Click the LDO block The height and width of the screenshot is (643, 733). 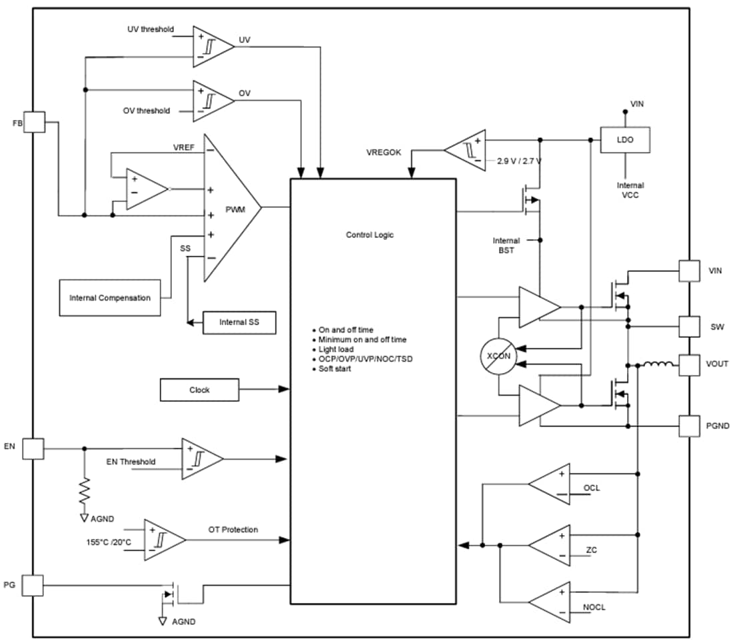(x=625, y=140)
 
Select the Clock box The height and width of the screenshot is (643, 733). (x=199, y=390)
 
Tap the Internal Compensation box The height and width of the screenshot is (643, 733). (x=110, y=298)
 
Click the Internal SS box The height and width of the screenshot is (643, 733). (x=239, y=322)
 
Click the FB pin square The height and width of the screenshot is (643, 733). (x=34, y=122)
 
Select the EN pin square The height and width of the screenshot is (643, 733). (x=33, y=448)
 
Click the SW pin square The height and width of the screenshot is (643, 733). (x=689, y=326)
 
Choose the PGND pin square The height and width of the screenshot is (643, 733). (x=689, y=426)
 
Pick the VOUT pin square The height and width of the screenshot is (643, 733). (x=689, y=364)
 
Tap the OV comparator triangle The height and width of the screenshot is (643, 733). (x=211, y=101)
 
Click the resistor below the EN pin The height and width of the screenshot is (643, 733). (x=85, y=491)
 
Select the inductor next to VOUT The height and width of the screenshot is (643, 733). (x=656, y=364)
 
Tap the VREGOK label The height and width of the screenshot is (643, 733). (x=384, y=152)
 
